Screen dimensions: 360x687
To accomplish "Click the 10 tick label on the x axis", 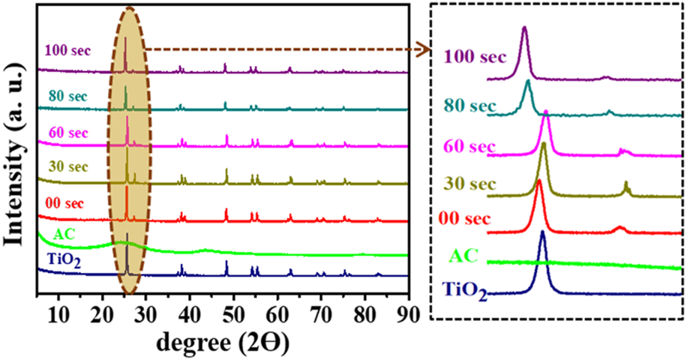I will click(x=58, y=312).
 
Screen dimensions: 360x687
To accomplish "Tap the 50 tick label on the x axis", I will click(x=234, y=312).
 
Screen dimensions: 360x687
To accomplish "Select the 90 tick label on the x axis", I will click(x=407, y=312).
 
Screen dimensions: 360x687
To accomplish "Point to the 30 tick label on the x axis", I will click(x=145, y=312).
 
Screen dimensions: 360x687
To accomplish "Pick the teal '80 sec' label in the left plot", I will click(x=67, y=96).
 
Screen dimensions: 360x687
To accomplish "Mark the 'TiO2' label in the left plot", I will click(x=61, y=262).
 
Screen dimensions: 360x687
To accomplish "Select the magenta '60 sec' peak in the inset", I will click(x=546, y=114).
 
